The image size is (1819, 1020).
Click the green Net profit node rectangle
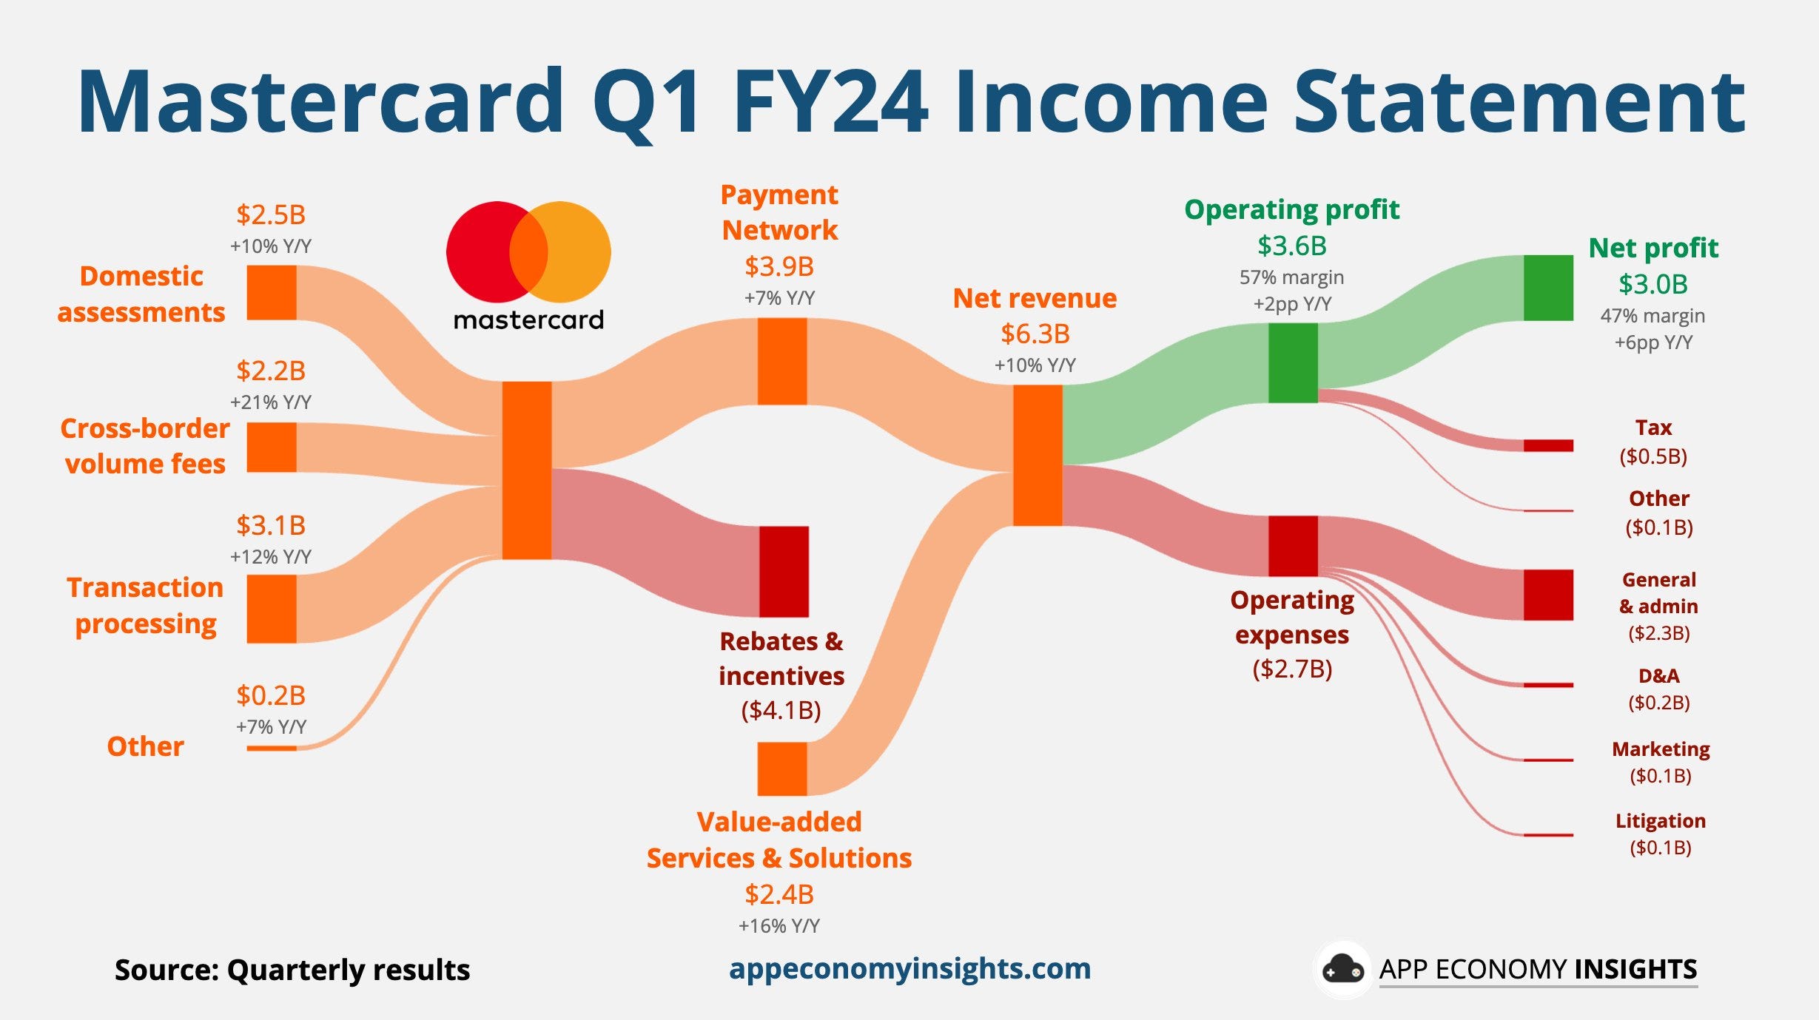click(1548, 288)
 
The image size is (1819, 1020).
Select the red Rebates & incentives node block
click(784, 571)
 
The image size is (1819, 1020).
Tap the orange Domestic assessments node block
click(272, 292)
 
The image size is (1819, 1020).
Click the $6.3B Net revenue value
click(1035, 334)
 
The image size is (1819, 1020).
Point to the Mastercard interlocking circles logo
click(528, 252)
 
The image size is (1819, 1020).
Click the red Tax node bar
click(1548, 445)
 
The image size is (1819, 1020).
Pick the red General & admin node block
click(1548, 595)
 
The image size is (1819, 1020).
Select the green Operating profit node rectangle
click(1293, 363)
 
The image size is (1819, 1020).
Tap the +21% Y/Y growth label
click(271, 402)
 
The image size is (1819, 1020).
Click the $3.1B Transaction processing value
click(271, 525)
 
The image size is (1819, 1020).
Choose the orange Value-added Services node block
click(782, 769)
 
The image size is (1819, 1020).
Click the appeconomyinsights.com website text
click(910, 969)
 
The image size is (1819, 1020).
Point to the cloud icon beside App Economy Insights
click(1343, 969)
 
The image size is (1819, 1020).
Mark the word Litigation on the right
click(1661, 821)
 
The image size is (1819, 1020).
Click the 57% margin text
click(1292, 277)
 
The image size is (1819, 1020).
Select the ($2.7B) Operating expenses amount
click(1292, 669)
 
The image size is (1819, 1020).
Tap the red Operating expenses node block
click(1293, 546)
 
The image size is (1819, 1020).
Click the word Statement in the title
click(1520, 101)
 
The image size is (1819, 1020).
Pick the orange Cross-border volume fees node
click(272, 447)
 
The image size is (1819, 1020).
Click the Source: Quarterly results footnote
click(292, 970)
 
